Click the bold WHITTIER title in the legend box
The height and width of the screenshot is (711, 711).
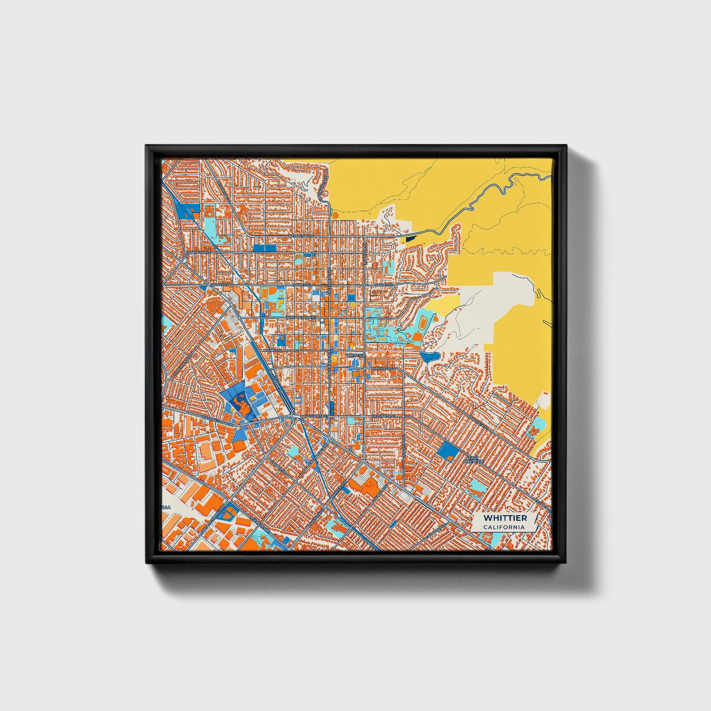click(x=505, y=518)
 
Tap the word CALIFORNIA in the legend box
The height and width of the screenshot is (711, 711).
click(x=504, y=527)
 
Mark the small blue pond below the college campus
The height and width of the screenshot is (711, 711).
click(x=428, y=356)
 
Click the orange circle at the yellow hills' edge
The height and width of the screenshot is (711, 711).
click(x=335, y=215)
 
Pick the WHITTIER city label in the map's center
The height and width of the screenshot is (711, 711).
click(x=355, y=355)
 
